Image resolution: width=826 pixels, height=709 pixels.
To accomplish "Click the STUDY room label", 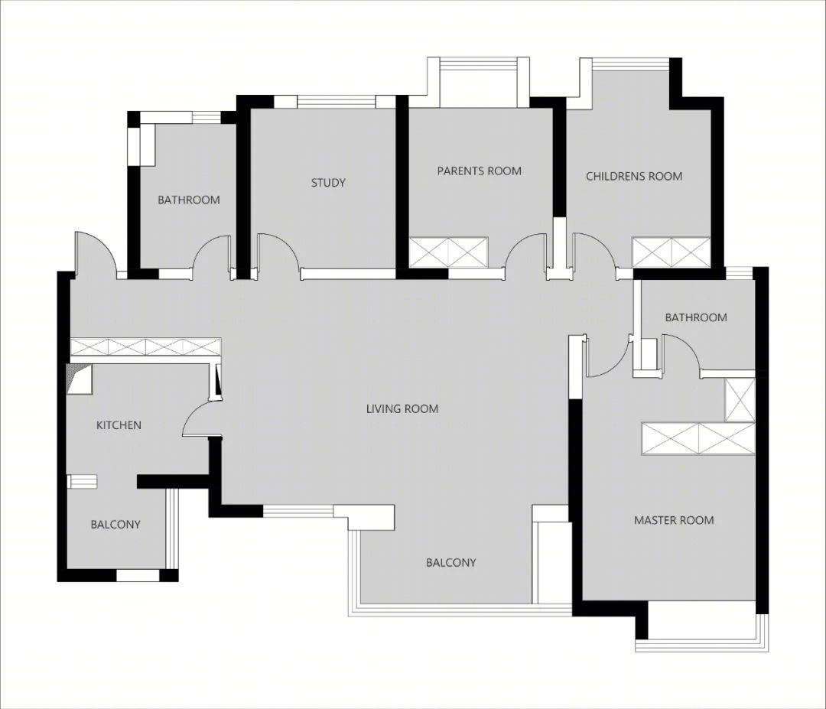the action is click(327, 183).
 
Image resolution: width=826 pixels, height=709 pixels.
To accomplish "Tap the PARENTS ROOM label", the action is click(479, 171).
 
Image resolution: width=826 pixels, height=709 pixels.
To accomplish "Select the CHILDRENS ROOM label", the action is click(634, 176).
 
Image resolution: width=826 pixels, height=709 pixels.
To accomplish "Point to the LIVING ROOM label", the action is click(402, 408).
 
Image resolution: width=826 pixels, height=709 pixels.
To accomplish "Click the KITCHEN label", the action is click(119, 425).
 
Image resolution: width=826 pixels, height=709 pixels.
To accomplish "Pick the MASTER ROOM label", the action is click(674, 520).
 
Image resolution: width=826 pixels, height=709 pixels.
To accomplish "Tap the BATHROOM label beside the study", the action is click(189, 200).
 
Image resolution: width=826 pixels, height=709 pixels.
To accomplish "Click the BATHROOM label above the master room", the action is click(695, 317).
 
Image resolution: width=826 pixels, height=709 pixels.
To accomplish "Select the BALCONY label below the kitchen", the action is click(115, 525).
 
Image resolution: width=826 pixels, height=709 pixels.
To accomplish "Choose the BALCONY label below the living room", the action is click(451, 563).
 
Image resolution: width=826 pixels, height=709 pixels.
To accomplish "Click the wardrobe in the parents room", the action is click(449, 252).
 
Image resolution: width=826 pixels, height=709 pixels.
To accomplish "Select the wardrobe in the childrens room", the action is click(672, 252).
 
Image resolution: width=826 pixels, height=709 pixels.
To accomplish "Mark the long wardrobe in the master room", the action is click(698, 438).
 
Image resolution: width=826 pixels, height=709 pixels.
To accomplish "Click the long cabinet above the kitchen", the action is click(145, 347).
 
